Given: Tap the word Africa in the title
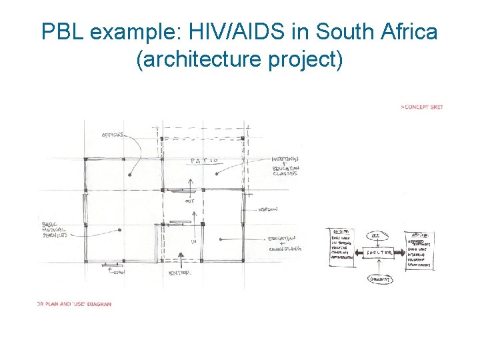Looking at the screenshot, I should (406, 31).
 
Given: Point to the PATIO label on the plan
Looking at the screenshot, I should (204, 161).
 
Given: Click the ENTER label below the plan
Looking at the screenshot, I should (179, 273).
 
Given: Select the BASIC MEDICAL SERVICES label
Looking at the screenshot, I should (59, 230).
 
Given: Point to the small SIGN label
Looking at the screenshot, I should (118, 272).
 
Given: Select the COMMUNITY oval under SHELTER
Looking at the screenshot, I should (380, 280).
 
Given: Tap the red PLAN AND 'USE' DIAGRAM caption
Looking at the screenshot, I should (74, 304).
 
